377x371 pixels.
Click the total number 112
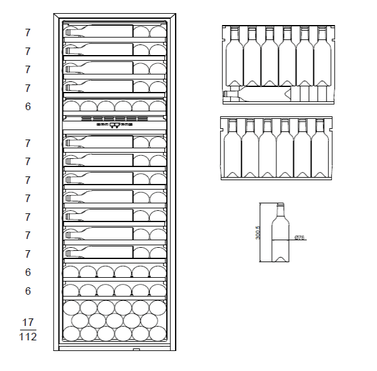tap(28, 337)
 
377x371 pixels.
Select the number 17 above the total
tap(28, 322)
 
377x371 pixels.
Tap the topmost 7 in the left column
tap(28, 32)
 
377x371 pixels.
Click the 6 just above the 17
tap(28, 291)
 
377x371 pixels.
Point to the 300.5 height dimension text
tap(258, 233)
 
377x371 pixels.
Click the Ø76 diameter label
tap(299, 238)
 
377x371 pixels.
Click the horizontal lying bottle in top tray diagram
tap(263, 94)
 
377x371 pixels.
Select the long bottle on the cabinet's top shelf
tap(100, 31)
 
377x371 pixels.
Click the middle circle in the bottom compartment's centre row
tap(114, 320)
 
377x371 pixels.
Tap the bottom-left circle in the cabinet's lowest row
tap(72, 334)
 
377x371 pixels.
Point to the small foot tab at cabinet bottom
tap(136, 349)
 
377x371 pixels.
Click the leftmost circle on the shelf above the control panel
tap(71, 106)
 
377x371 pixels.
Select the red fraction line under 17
tap(28, 330)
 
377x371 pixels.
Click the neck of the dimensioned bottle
tap(279, 209)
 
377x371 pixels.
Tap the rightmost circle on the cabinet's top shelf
tap(158, 32)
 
